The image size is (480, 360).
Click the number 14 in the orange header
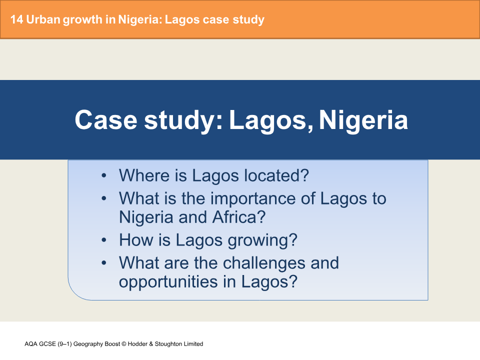pyautogui.click(x=16, y=20)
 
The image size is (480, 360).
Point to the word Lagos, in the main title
pyautogui.click(x=270, y=120)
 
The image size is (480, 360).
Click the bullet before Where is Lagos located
pyautogui.click(x=103, y=176)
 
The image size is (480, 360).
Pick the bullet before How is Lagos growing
pyautogui.click(x=103, y=240)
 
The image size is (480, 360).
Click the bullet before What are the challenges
pyautogui.click(x=103, y=263)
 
